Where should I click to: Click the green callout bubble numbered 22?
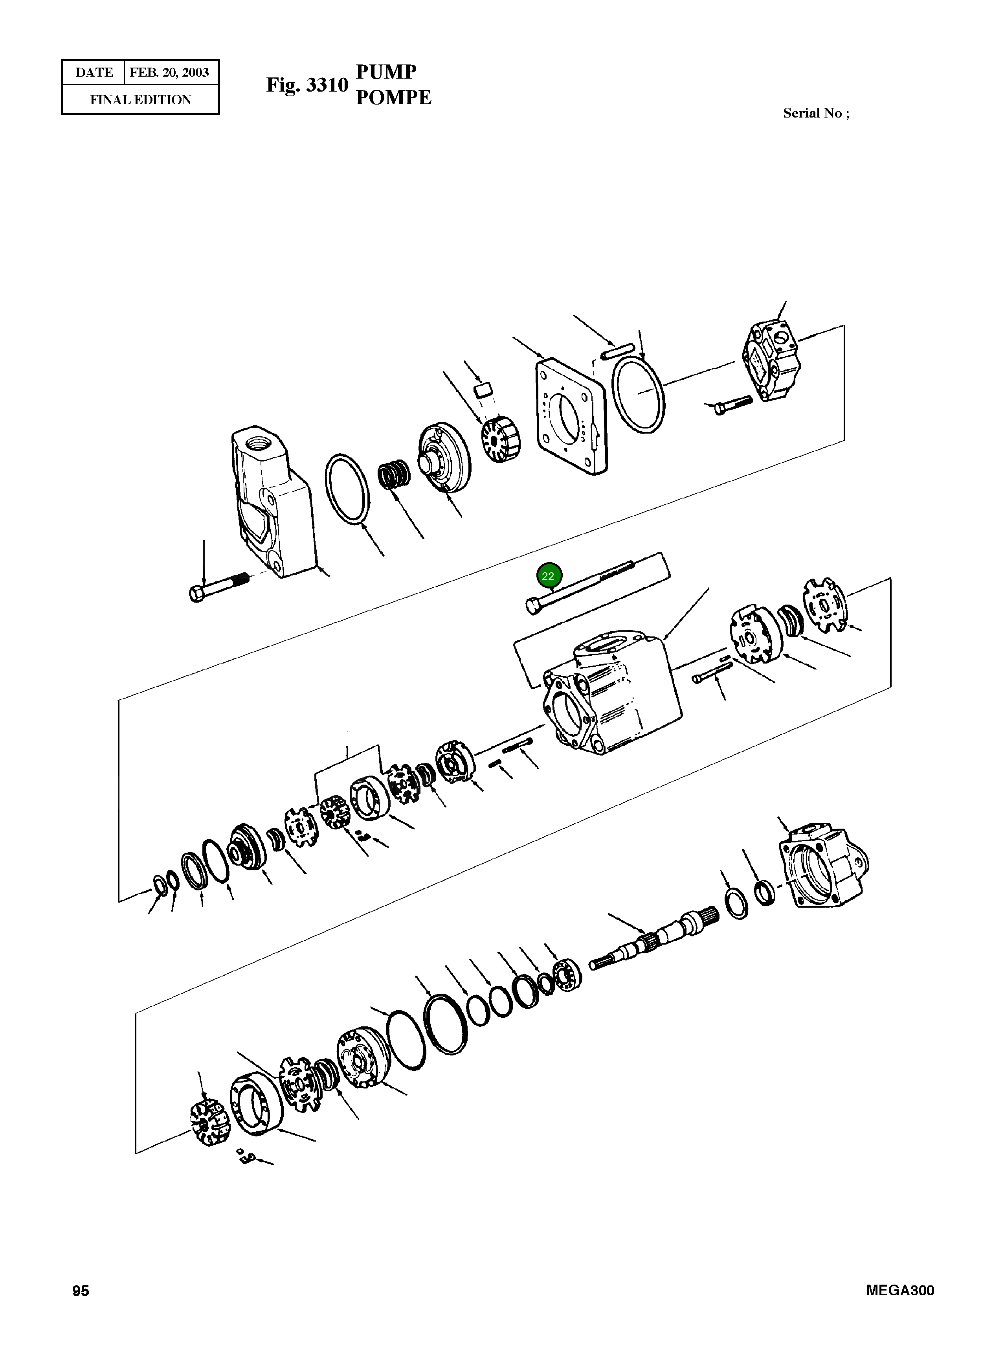point(548,576)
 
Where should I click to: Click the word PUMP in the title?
point(386,72)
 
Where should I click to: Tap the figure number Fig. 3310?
point(307,85)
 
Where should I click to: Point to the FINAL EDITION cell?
point(141,100)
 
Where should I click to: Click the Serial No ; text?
point(816,113)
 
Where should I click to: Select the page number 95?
point(81,1291)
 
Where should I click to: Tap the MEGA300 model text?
point(900,1291)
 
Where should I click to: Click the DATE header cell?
point(94,73)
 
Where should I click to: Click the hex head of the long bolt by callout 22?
point(532,606)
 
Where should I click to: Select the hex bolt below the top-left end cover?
point(218,587)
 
